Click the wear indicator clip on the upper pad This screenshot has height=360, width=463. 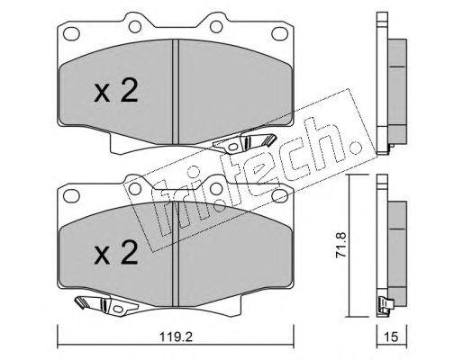(x=243, y=141)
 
